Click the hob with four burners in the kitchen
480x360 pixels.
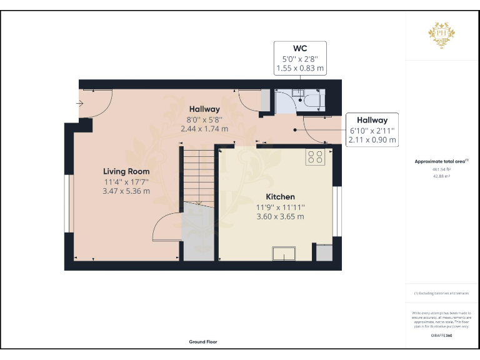click(x=314, y=157)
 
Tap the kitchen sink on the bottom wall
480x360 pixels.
click(x=284, y=253)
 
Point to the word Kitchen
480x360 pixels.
click(x=281, y=197)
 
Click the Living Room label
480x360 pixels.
click(x=126, y=171)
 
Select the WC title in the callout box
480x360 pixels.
click(x=300, y=48)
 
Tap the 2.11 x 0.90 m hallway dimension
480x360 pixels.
click(x=372, y=140)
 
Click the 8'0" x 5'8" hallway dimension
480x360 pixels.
click(x=204, y=119)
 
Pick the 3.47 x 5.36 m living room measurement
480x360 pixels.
click(x=126, y=191)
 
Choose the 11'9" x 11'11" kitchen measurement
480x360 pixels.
click(x=281, y=207)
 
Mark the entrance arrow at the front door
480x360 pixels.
click(x=81, y=103)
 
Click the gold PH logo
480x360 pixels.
click(x=441, y=33)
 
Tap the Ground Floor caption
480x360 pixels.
click(x=204, y=342)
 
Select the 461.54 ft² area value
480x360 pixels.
click(x=441, y=169)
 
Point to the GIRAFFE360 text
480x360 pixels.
click(x=441, y=336)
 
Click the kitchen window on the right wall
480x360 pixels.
click(x=337, y=212)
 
